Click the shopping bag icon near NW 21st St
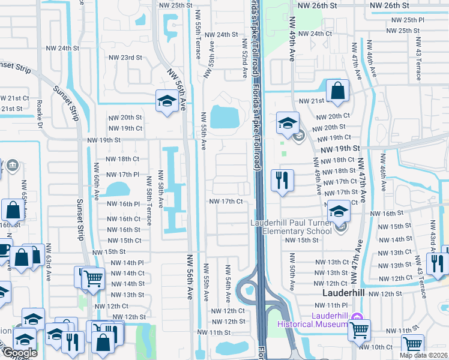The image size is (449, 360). [x=338, y=91]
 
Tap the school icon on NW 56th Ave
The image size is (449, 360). [x=166, y=100]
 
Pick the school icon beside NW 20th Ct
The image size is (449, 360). [x=288, y=123]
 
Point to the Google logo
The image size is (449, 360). [x=19, y=353]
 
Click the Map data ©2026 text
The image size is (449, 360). [x=424, y=355]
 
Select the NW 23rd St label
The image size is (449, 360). [x=124, y=58]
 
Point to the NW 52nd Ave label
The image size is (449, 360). [x=245, y=59]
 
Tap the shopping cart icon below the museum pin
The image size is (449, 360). [x=358, y=329]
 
